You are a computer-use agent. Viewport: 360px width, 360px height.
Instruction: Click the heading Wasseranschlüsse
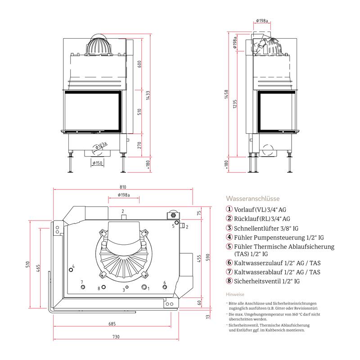[253, 198]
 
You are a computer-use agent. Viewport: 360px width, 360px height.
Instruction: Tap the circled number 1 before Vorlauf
[229, 209]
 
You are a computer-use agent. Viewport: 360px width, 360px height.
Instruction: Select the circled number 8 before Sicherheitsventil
[229, 280]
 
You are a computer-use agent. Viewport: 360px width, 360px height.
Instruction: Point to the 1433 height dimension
[148, 95]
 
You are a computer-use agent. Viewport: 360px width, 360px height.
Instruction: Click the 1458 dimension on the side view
[226, 94]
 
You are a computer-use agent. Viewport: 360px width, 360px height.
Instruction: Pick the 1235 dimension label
[234, 104]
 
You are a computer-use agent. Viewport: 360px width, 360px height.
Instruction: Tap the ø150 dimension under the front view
[97, 163]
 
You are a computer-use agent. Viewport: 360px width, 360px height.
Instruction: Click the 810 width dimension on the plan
[123, 187]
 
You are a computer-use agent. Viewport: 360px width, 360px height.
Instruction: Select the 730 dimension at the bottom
[116, 337]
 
